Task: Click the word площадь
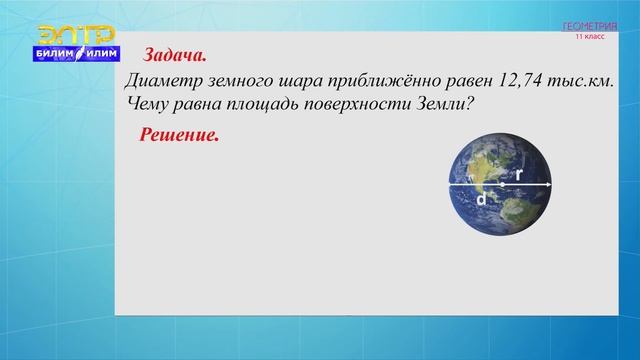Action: click(x=265, y=103)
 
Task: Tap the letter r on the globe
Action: click(x=519, y=174)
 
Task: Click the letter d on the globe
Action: click(x=481, y=199)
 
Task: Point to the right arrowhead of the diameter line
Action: click(x=548, y=185)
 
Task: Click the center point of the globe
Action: click(x=501, y=185)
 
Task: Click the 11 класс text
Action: click(x=589, y=36)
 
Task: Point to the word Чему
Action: click(x=153, y=103)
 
